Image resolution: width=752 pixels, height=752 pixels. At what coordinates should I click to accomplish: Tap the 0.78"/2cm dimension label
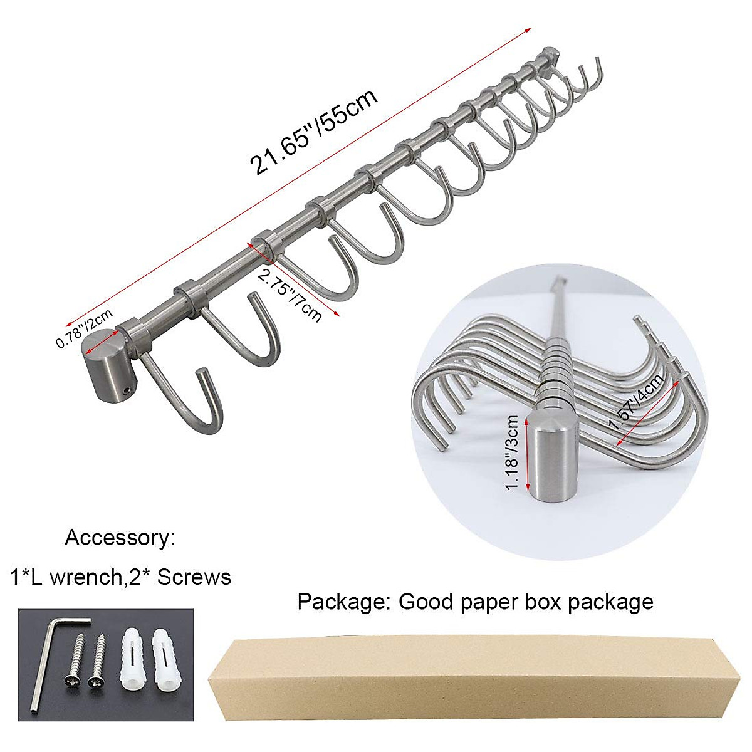[84, 329]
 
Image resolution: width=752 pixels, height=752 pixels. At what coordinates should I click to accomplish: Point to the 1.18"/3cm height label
[513, 452]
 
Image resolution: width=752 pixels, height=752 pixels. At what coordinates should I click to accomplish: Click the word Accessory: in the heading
[120, 538]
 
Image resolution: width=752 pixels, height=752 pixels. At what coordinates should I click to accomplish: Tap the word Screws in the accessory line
[194, 577]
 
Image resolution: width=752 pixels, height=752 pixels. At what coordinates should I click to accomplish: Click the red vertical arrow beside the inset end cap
[528, 454]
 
